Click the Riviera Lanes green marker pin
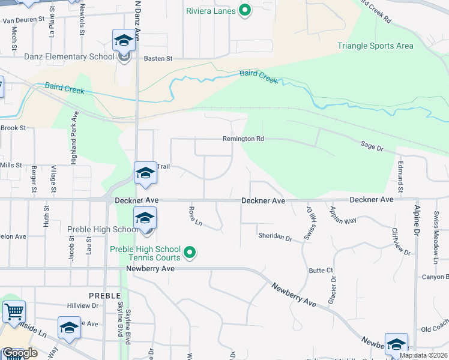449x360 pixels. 244,10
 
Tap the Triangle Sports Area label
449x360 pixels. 375,46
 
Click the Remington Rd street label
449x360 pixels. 243,139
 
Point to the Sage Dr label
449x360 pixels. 372,145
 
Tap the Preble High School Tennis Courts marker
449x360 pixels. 190,253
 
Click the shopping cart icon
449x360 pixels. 13,312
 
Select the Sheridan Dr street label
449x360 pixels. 275,238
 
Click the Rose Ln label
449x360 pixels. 194,216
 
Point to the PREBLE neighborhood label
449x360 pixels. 105,296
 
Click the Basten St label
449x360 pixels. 158,59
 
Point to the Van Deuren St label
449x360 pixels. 24,20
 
